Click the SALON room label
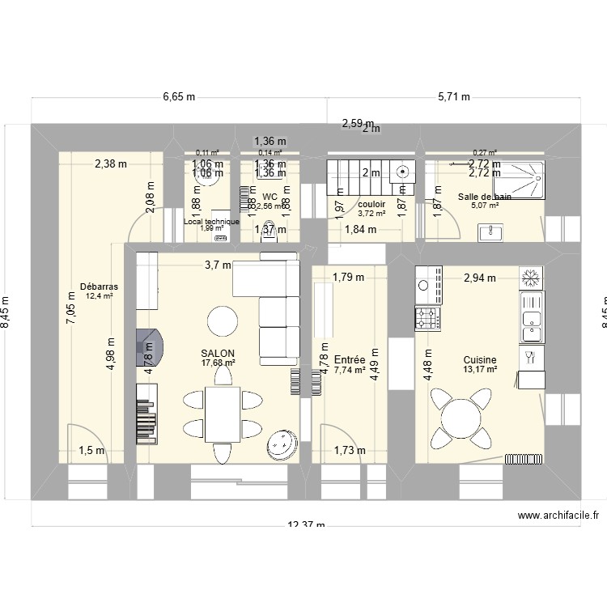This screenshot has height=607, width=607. click(219, 354)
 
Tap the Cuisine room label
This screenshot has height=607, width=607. click(480, 360)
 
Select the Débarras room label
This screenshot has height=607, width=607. click(100, 287)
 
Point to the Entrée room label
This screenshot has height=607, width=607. click(349, 359)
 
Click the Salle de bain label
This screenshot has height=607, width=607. click(484, 197)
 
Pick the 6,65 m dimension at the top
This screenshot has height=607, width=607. click(179, 96)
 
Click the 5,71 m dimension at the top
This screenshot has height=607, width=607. click(454, 96)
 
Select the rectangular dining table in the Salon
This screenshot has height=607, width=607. click(222, 414)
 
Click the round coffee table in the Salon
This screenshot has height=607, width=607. click(223, 321)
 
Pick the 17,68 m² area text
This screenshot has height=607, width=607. click(219, 363)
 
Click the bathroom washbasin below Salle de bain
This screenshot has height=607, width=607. click(491, 233)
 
